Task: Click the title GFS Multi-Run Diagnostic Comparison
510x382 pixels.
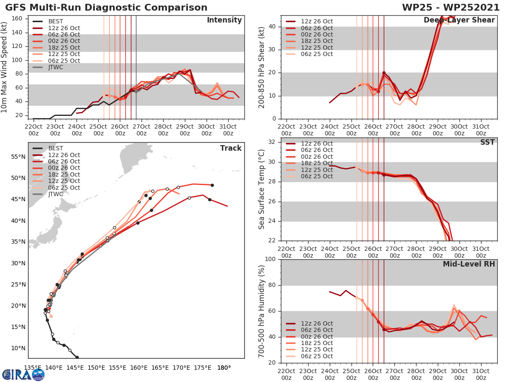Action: (x=106, y=8)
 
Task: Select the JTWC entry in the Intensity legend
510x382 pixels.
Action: (x=56, y=67)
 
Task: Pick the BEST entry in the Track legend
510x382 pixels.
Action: (x=56, y=148)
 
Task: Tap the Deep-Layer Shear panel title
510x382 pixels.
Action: (x=459, y=20)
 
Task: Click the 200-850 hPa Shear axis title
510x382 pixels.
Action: (x=262, y=67)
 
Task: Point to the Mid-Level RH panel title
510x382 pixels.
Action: (x=469, y=264)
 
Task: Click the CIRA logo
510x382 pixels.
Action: (x=23, y=374)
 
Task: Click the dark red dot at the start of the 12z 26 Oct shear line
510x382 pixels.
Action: (x=384, y=73)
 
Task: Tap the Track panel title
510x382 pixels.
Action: (x=230, y=148)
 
